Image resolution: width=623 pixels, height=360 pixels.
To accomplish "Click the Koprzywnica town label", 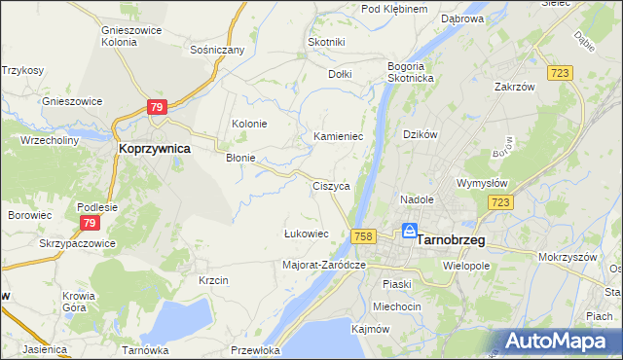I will pos(153,149).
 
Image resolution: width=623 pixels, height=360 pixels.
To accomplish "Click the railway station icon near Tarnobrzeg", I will pos(410,233).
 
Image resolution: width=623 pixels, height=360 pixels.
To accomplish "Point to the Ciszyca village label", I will pos(331,186).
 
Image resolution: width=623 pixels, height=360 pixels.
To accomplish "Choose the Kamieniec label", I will pos(338,137).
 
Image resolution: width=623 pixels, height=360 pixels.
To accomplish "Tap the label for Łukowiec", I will pos(306,234).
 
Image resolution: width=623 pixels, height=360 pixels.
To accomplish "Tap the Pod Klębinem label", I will pos(394,9).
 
